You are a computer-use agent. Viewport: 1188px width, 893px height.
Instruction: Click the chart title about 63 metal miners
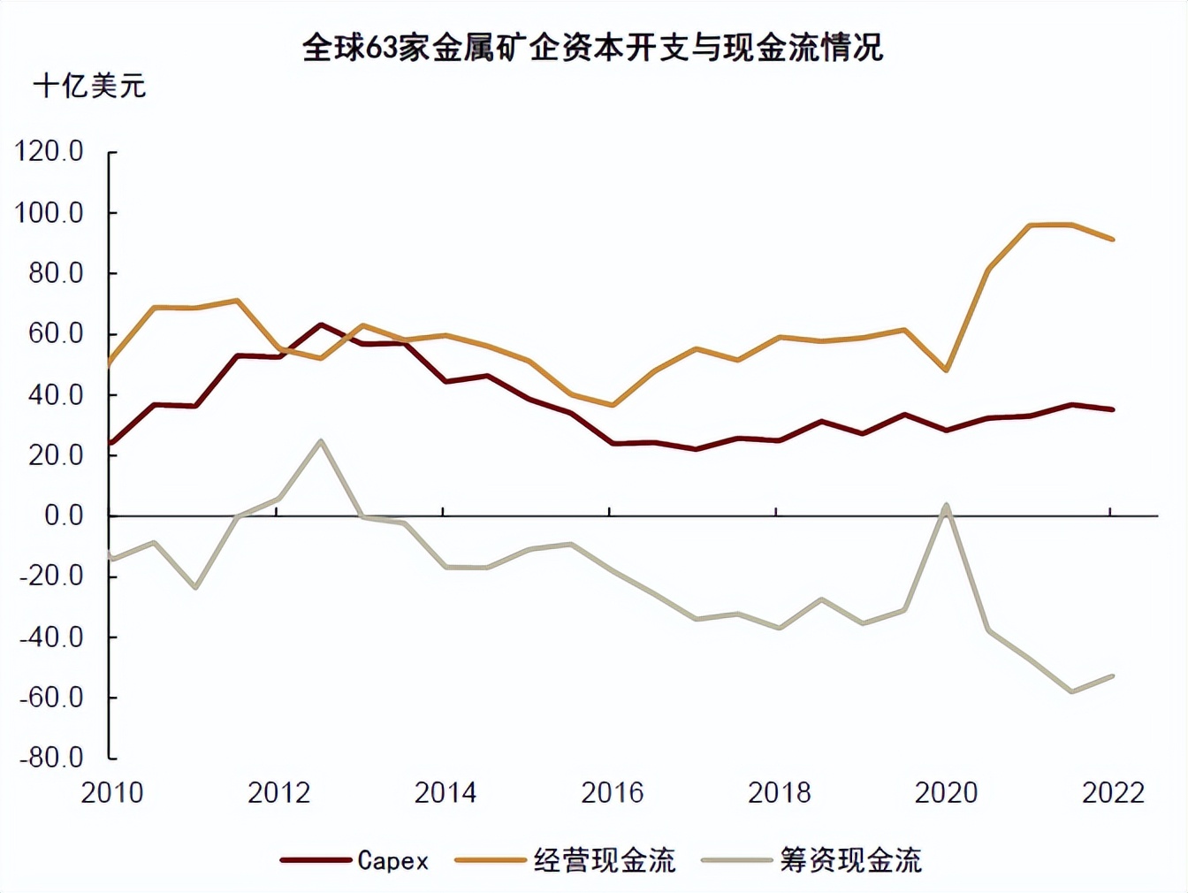point(593,47)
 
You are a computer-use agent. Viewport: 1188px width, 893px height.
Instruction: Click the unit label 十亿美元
point(89,87)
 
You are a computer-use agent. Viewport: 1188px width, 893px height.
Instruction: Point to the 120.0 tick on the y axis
point(49,152)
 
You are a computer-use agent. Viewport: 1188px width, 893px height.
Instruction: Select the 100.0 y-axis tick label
point(49,213)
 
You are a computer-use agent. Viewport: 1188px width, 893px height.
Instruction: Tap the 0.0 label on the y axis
point(64,515)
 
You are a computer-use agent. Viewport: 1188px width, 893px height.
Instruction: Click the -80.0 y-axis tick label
point(51,758)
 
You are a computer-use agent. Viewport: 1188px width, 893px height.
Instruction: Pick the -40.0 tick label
point(51,637)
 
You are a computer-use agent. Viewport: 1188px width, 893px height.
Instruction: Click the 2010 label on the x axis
point(112,792)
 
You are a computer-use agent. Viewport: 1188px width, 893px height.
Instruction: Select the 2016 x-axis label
point(612,792)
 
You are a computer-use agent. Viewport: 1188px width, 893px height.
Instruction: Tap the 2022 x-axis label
point(1113,792)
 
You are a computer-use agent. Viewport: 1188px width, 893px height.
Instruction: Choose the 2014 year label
point(445,792)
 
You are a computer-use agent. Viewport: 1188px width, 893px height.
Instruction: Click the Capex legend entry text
point(392,860)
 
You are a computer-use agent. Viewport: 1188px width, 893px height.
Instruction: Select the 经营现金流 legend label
point(605,860)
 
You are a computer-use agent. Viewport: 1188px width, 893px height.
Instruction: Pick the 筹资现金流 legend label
point(850,860)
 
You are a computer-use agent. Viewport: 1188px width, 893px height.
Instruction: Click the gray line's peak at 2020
point(947,506)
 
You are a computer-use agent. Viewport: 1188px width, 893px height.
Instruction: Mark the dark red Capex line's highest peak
point(321,324)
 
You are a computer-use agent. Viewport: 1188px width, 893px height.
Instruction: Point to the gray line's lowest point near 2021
point(1072,691)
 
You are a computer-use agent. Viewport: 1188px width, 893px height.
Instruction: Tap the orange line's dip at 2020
point(947,370)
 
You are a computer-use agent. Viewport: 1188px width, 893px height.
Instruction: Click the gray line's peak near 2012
point(321,440)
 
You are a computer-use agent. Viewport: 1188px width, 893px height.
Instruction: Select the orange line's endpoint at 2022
point(1113,239)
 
